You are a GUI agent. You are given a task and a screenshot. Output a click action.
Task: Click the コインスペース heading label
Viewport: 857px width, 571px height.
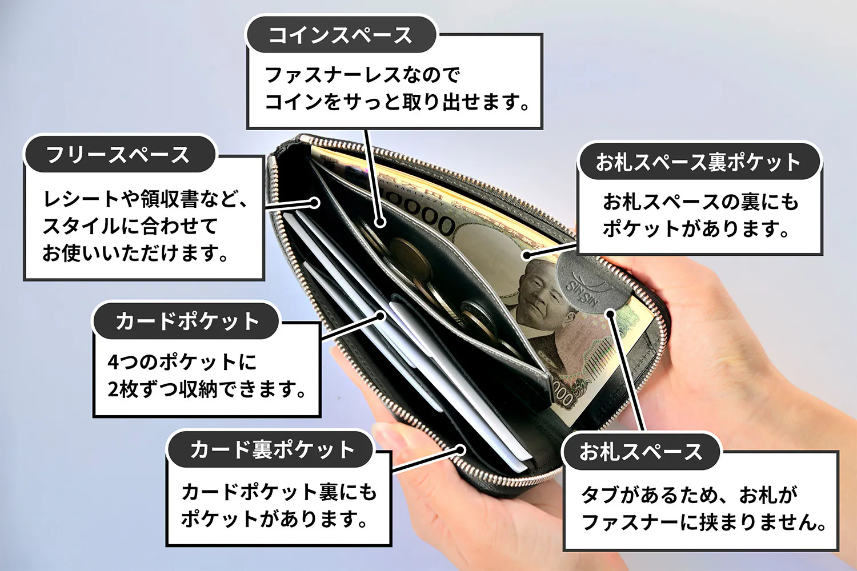341,35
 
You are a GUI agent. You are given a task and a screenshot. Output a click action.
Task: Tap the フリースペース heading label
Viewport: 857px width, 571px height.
118,155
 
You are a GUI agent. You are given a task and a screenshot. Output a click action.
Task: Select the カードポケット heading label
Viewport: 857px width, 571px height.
187,321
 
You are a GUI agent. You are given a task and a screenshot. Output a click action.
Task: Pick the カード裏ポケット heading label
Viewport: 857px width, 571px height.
271,449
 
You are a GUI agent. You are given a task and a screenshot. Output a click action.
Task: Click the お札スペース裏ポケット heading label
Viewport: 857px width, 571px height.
698,162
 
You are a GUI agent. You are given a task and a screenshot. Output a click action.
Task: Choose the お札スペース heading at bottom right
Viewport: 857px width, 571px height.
640,452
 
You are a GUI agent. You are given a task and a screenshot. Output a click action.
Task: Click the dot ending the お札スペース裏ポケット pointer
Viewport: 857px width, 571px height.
527,256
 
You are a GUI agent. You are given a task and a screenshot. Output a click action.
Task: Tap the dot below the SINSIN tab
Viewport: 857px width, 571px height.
611,313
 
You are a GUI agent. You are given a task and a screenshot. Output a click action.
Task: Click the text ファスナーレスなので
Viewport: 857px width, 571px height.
362,75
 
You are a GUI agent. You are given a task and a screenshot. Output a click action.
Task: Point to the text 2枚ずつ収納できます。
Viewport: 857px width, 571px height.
207,390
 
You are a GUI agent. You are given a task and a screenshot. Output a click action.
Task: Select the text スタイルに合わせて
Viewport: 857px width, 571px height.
130,226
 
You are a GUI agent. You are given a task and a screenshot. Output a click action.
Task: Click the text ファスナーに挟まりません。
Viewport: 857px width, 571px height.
704,522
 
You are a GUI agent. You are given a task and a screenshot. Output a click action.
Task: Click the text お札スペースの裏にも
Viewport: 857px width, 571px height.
700,202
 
